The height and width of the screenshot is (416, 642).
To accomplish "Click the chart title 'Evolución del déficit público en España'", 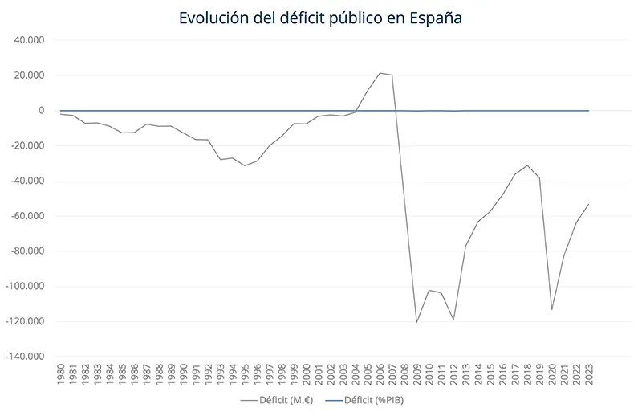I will pos(320,17).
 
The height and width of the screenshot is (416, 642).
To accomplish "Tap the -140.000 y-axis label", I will pos(26,357).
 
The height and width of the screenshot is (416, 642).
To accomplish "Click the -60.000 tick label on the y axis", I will pos(28,216).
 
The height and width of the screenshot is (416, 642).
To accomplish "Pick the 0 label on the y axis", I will pos(40,111).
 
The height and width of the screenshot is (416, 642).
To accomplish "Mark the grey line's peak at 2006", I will pos(380,73).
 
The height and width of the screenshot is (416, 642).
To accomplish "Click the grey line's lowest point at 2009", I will pos(416,322).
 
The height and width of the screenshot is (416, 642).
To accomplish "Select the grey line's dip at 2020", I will pos(551,309).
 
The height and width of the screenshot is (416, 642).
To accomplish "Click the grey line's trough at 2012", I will pos(453,320).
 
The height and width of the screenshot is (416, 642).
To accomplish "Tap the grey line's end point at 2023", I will pos(588,204).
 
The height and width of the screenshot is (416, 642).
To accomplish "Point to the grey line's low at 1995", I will pos(245,165).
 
